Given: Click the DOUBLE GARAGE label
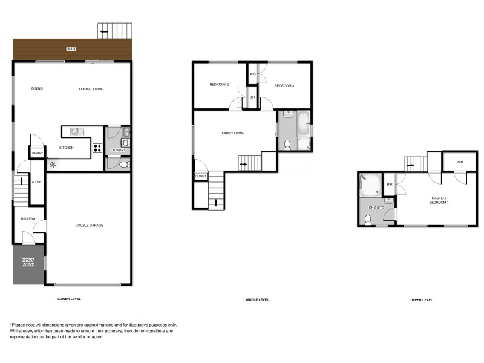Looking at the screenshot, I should click(89, 225).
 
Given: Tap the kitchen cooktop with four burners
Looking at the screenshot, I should click(97, 147).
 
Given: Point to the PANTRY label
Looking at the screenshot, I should click(36, 154).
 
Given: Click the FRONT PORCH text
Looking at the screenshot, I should click(28, 263).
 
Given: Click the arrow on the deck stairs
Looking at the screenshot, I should click(104, 31).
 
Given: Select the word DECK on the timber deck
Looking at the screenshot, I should click(71, 48).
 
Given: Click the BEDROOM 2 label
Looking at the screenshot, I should click(219, 85).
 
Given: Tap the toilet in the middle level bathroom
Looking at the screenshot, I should click(288, 144).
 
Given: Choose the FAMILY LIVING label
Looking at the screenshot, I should click(233, 133).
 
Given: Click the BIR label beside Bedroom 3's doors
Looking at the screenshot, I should click(253, 74).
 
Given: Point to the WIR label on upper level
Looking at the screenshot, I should click(459, 162).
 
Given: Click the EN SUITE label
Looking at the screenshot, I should click(376, 208).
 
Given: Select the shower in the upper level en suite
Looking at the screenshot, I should click(370, 185).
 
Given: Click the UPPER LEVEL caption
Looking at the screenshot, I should click(421, 300).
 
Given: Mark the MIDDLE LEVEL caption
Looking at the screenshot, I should click(257, 300).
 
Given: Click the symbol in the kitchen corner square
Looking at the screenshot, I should click(53, 164).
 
